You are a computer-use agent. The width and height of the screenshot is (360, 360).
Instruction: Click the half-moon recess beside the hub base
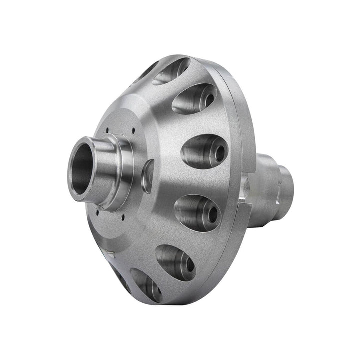tap(148, 176)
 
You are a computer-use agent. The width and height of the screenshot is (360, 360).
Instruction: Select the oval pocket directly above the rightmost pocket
tap(195, 98)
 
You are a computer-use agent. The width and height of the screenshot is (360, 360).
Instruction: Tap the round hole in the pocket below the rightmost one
tap(212, 214)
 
